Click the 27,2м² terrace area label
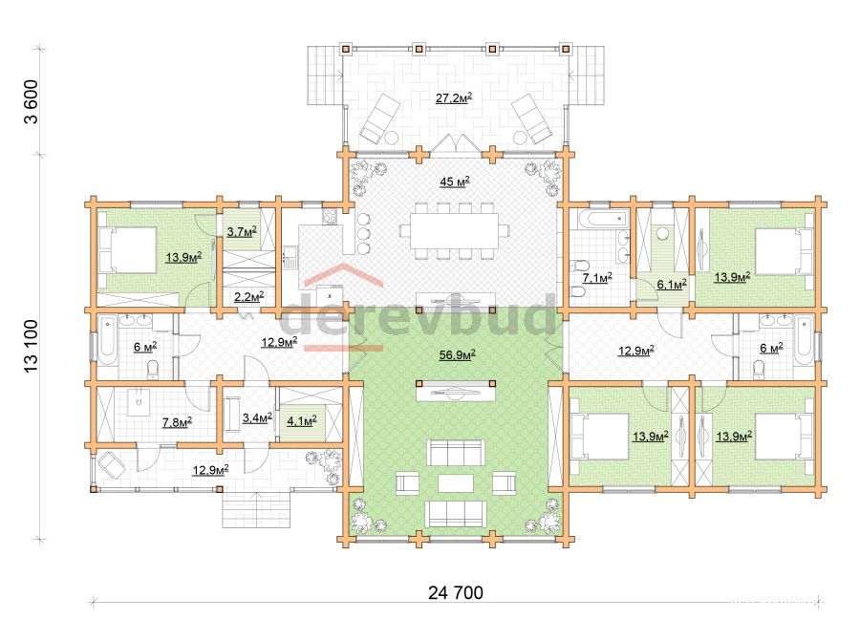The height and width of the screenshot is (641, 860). pyautogui.click(x=454, y=98)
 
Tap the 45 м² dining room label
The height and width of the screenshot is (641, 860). pyautogui.click(x=454, y=182)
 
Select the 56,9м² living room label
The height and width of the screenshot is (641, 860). pyautogui.click(x=457, y=355)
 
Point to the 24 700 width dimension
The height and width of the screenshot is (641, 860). pyautogui.click(x=456, y=592)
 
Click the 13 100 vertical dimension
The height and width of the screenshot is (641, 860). pyautogui.click(x=32, y=346)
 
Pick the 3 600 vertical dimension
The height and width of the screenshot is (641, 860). pyautogui.click(x=32, y=102)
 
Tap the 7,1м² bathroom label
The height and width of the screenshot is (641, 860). pyautogui.click(x=596, y=278)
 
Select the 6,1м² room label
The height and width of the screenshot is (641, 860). pyautogui.click(x=672, y=284)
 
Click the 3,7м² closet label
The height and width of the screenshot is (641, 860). pyautogui.click(x=242, y=232)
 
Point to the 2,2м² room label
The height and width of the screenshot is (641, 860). pyautogui.click(x=249, y=297)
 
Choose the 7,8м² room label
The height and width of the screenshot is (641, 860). pyautogui.click(x=177, y=422)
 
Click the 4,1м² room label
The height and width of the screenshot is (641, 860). pyautogui.click(x=302, y=421)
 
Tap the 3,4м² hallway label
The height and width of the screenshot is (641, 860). pyautogui.click(x=257, y=418)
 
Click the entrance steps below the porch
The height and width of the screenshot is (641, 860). pyautogui.click(x=256, y=509)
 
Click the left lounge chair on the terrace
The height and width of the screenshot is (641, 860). pyautogui.click(x=379, y=118)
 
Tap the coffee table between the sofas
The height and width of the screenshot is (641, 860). pyautogui.click(x=456, y=483)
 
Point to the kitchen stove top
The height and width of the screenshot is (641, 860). pyautogui.click(x=330, y=217)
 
